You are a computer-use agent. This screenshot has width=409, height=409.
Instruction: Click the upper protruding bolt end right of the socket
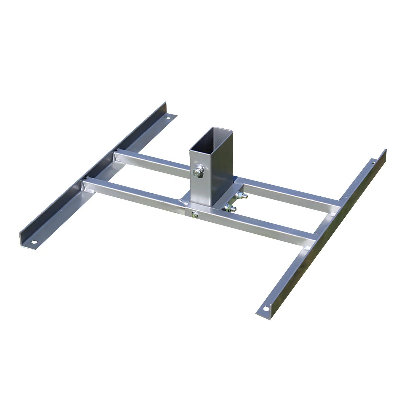point(240,195)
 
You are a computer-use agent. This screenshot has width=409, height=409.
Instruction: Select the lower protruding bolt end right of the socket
point(228,208)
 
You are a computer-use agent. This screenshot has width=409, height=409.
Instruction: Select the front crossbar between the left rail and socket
point(133,193)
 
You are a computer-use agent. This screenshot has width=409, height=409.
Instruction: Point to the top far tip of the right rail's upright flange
point(385,150)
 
